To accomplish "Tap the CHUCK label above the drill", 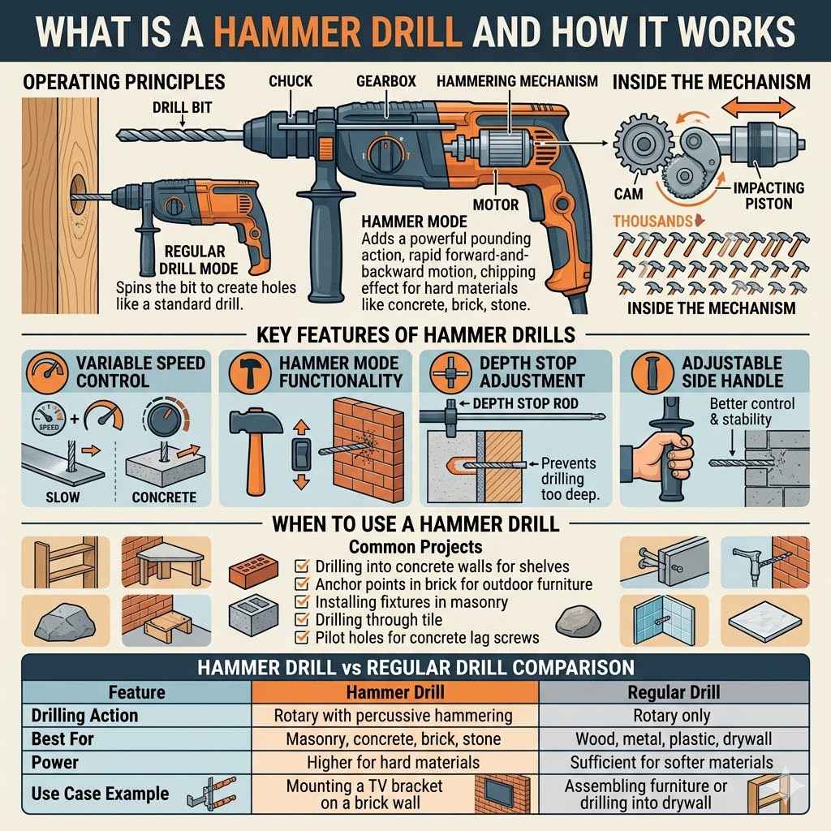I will pyautogui.click(x=291, y=81).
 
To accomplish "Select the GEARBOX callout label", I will pyautogui.click(x=381, y=81).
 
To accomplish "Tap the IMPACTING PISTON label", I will pyautogui.click(x=767, y=195).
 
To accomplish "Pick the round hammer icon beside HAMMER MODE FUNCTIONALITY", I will pyautogui.click(x=245, y=372).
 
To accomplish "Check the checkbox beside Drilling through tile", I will pyautogui.click(x=300, y=620).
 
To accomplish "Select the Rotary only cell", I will pyautogui.click(x=673, y=716).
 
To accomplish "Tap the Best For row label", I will pyautogui.click(x=62, y=739).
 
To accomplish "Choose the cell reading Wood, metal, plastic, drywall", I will pyautogui.click(x=673, y=739).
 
